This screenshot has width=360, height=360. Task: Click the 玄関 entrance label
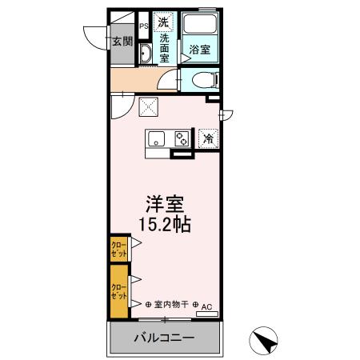click(122, 42)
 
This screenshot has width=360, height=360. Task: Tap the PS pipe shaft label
click(144, 26)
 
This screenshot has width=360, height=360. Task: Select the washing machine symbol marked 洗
click(163, 22)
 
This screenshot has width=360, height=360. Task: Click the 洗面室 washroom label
click(164, 48)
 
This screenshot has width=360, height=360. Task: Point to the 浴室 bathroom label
click(200, 50)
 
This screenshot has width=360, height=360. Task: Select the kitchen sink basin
click(155, 137)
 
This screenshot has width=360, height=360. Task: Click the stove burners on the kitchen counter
click(182, 138)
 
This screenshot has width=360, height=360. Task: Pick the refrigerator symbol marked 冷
click(208, 138)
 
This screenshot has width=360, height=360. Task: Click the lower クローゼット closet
click(118, 290)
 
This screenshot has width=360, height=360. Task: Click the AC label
click(206, 307)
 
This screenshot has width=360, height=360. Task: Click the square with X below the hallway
click(149, 105)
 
